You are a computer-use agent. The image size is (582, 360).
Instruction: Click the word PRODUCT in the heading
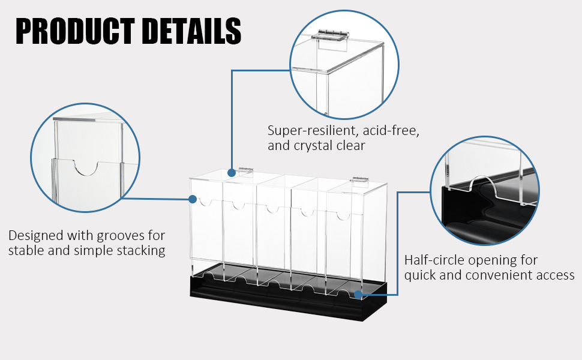coord(75,31)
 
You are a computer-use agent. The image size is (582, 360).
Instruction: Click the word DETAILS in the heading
coord(191,31)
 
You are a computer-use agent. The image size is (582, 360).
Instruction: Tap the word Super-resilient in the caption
coord(313,131)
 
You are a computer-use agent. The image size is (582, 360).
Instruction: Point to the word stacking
coord(141,251)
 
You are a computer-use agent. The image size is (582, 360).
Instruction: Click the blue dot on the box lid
coord(232,173)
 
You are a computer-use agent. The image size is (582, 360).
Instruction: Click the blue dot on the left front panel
coord(192,199)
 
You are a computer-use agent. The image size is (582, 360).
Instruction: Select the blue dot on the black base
coord(358,295)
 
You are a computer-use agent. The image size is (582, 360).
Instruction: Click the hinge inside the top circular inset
coord(331,36)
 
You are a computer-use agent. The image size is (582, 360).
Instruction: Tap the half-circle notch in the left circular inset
coord(86,168)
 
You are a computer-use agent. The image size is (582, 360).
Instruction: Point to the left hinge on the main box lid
coord(245,170)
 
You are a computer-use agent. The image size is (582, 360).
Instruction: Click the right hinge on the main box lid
coord(360,179)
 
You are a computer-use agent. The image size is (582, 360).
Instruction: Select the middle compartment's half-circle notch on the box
coord(272,209)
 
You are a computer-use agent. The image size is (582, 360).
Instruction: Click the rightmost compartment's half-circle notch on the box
coord(343,215)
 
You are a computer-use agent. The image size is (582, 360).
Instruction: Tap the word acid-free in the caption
coord(391,131)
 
